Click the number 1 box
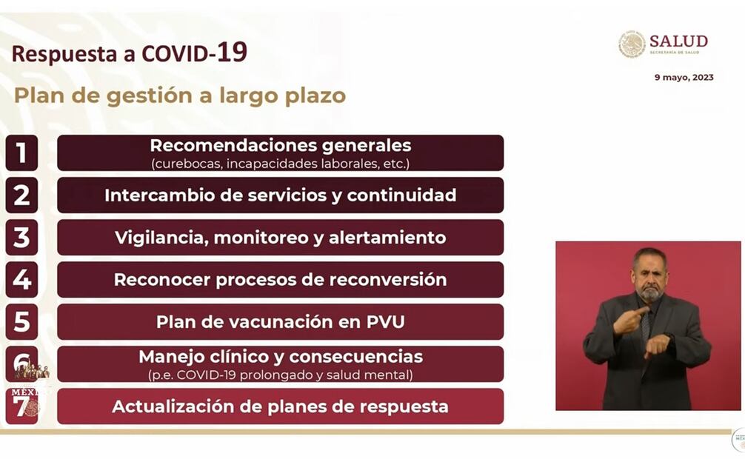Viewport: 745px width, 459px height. (22, 153)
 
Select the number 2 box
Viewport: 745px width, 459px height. (22, 195)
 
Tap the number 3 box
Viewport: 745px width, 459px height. (22, 238)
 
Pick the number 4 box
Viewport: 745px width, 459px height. (22, 279)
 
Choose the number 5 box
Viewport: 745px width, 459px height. (22, 322)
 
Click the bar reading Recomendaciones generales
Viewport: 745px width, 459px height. (281, 153)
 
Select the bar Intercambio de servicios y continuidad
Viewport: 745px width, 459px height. (281, 195)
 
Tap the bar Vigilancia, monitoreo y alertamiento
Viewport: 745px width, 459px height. (281, 238)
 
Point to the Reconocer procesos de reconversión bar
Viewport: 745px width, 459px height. (281, 279)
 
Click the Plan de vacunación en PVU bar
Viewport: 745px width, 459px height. (281, 322)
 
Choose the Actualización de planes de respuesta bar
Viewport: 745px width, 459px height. (281, 406)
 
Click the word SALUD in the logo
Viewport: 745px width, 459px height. (678, 41)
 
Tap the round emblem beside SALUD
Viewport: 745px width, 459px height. (632, 44)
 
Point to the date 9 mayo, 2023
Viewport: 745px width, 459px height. (684, 78)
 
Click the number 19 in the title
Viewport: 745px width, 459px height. (232, 53)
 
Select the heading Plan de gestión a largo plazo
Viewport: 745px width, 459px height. (180, 96)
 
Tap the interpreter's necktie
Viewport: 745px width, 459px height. (645, 328)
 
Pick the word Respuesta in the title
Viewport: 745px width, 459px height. (65, 54)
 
